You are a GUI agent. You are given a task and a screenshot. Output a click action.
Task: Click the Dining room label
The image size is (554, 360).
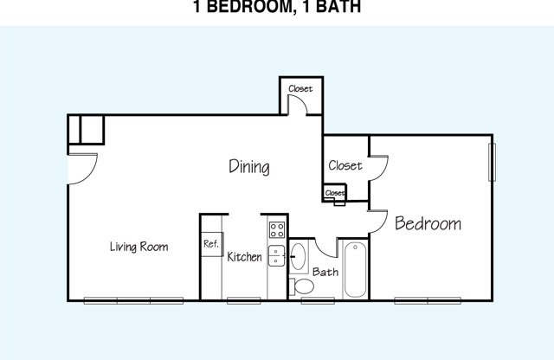click(x=249, y=167)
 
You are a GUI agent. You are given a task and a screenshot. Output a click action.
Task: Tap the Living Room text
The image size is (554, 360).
click(x=138, y=247)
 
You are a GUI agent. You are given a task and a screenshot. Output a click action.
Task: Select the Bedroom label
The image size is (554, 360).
click(x=428, y=223)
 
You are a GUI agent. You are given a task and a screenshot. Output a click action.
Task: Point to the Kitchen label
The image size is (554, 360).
click(x=244, y=257)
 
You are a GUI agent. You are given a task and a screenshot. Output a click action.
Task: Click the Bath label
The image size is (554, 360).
click(x=325, y=272)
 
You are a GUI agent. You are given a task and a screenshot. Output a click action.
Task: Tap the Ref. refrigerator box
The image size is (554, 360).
click(x=211, y=244)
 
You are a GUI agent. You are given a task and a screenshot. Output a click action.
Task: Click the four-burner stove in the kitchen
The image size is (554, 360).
click(x=277, y=229)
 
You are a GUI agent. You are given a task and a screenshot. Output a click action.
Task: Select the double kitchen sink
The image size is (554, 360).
click(x=276, y=255)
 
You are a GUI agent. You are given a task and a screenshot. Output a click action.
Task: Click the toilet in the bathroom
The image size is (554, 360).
click(x=301, y=286)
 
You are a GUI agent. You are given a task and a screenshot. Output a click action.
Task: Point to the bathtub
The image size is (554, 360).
click(x=355, y=270)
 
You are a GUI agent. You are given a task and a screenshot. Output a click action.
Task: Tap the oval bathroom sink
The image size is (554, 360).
click(x=298, y=256)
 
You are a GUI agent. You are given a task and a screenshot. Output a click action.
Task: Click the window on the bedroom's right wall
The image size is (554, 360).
click(x=492, y=162)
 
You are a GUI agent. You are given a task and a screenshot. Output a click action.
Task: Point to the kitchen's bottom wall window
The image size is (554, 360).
click(x=244, y=300)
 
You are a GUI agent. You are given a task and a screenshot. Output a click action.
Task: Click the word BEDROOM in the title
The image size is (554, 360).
click(x=249, y=7)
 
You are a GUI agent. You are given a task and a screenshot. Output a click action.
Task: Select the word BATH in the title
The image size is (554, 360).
click(x=338, y=7)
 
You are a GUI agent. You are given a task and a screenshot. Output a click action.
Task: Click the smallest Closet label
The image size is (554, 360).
click(x=334, y=193)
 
